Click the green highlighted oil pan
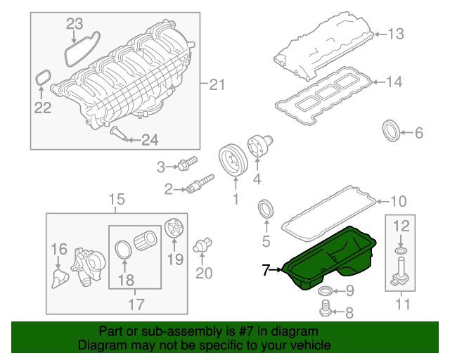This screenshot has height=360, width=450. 330,264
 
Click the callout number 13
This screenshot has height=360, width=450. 396,33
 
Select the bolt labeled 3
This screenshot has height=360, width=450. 185,167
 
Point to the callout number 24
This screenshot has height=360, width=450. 150,141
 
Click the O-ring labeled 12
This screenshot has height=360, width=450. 400,250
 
